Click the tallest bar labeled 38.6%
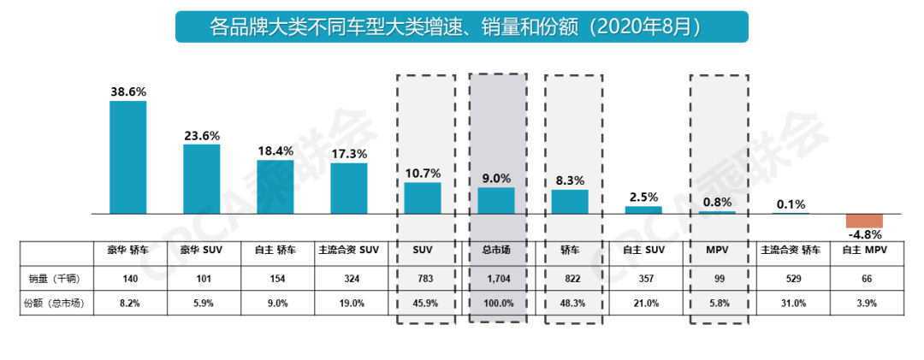click(x=127, y=156)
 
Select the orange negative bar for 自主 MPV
click(x=864, y=220)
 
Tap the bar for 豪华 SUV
click(x=201, y=178)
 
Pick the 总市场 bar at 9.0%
click(x=496, y=200)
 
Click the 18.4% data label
click(x=275, y=150)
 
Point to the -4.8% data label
click(x=864, y=234)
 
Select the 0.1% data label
click(x=791, y=204)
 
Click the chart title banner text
click(x=461, y=26)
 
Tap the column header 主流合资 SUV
click(x=348, y=251)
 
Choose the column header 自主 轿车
click(x=275, y=251)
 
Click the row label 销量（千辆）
click(x=56, y=277)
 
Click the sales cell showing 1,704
click(x=496, y=277)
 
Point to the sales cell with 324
click(x=348, y=277)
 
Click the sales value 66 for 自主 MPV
click(x=864, y=277)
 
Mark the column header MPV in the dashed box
click(x=717, y=251)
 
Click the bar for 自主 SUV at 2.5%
click(x=643, y=210)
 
